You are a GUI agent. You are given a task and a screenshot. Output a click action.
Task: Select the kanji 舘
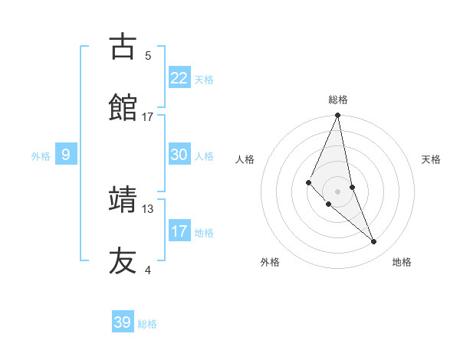122,106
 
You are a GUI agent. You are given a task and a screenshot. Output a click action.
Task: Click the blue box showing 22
179,78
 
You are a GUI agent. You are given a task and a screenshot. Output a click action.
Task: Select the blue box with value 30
179,155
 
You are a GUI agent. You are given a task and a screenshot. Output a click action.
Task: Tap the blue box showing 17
179,231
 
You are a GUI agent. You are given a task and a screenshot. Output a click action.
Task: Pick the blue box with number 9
66,155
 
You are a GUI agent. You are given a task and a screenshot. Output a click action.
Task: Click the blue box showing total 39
123,322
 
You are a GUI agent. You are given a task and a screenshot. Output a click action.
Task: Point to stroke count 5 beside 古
148,55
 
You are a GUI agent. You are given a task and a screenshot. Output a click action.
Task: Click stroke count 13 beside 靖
148,208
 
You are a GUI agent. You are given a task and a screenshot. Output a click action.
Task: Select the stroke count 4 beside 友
148,270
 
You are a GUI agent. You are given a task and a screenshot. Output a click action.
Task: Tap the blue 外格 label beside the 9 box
41,156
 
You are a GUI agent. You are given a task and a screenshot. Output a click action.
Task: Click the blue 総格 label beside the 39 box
147,324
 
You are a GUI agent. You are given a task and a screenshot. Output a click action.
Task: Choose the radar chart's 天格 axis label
432,159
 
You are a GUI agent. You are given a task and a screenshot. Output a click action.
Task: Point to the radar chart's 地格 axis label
402,262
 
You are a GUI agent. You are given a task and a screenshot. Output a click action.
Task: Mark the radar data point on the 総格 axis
337,116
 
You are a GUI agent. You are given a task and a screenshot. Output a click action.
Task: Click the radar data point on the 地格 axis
374,241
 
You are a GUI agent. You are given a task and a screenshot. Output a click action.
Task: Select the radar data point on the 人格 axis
308,182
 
